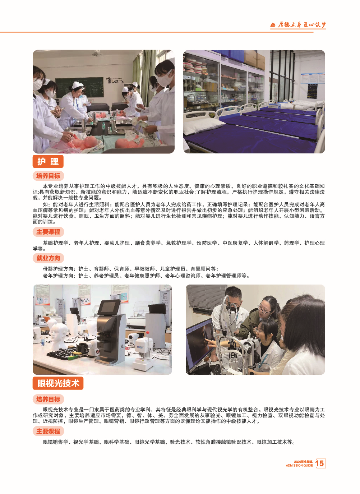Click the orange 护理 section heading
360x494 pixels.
tap(48, 161)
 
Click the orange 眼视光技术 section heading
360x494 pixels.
tap(58, 383)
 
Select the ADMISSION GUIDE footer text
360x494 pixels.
tap(299, 465)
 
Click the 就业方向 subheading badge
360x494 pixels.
tap(48, 258)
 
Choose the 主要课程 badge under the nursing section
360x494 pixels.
tap(48, 232)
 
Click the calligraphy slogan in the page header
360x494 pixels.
tap(301, 24)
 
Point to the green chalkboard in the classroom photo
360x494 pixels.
tap(79, 87)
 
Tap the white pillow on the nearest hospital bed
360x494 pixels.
tap(201, 125)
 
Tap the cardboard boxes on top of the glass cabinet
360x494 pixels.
tap(255, 59)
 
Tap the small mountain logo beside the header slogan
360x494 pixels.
tap(273, 25)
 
